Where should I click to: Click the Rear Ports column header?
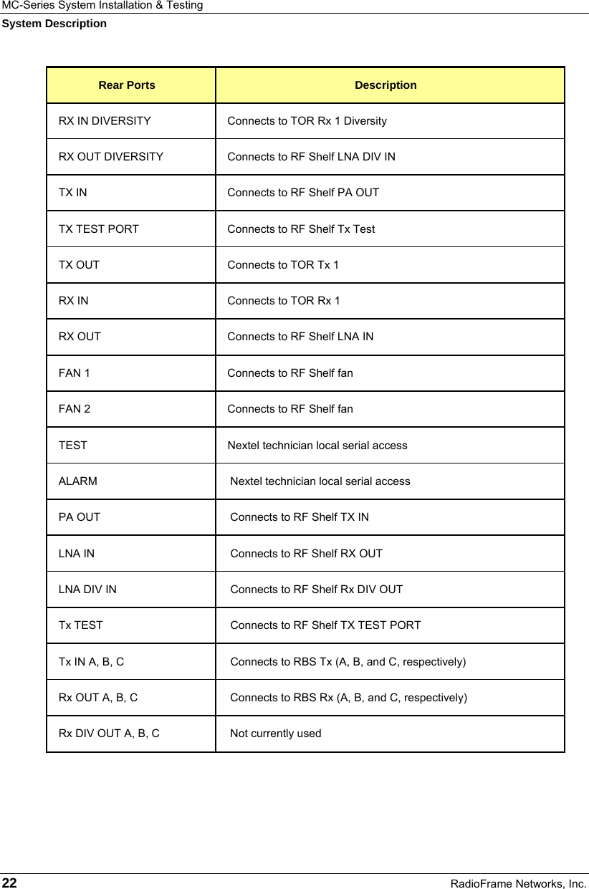coord(127,85)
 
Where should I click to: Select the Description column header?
coord(386,85)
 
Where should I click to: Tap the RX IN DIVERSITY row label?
coord(105,121)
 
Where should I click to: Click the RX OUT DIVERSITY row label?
coord(111,157)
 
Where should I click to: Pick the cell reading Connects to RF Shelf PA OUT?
coord(303,193)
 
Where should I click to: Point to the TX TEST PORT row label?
coord(99,229)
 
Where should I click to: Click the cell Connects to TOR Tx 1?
coord(283,265)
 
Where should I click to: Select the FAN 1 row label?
coord(75,373)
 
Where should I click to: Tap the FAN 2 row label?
coord(75,409)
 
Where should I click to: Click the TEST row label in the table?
coord(73,446)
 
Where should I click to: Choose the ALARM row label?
coord(78,481)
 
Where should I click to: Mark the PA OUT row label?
coord(80,517)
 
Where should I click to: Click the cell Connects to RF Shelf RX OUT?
coord(306,554)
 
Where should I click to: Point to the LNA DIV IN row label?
coord(87,590)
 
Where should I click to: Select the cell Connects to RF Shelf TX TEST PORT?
coord(325,625)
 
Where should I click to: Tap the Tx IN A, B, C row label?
coord(91,662)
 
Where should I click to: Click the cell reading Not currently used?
coord(275,734)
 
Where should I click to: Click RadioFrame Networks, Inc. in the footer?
coord(518,883)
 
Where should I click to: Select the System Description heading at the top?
coord(54,24)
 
